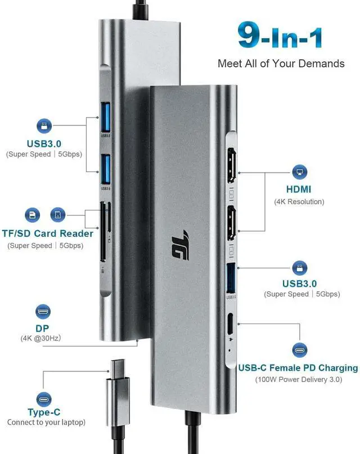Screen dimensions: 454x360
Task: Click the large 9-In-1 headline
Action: click(x=280, y=37)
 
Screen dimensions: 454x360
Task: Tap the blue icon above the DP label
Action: click(x=43, y=311)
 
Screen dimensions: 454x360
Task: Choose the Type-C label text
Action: click(x=44, y=412)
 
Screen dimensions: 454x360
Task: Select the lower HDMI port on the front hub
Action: click(x=231, y=223)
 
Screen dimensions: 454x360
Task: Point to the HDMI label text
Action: click(x=299, y=190)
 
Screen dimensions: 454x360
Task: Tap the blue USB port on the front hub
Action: click(x=231, y=277)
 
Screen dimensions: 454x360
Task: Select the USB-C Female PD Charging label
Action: click(x=298, y=368)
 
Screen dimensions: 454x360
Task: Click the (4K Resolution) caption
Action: click(x=299, y=201)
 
